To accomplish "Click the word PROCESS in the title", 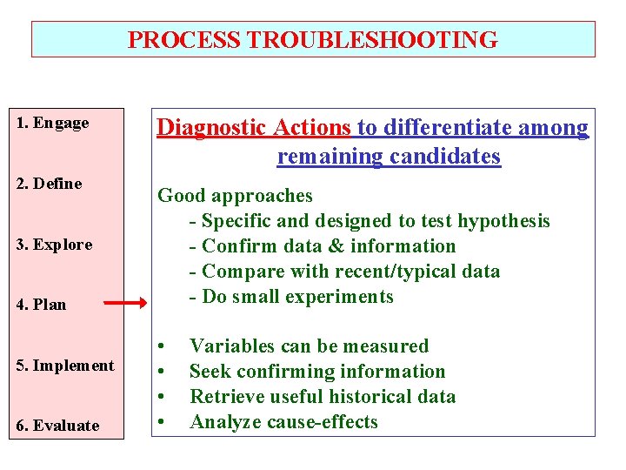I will [185, 40].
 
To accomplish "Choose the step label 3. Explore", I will [54, 245].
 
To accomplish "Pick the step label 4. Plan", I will [42, 305].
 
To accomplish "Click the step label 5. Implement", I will [65, 366].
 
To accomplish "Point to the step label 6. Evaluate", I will [58, 426].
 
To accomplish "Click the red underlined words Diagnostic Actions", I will [253, 128].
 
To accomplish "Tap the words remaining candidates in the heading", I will [389, 157].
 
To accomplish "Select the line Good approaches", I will [235, 196].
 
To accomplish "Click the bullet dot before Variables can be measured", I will [162, 346].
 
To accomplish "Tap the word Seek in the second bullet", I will [209, 372].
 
